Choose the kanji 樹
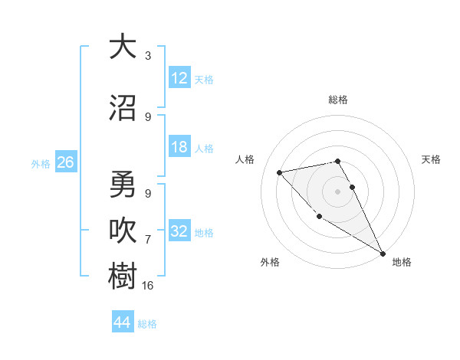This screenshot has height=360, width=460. tap(123, 275)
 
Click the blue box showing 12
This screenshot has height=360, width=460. tap(179, 77)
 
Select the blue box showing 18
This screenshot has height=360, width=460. tap(179, 148)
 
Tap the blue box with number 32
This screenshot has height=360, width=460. tap(179, 231)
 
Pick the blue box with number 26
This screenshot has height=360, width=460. tap(65, 162)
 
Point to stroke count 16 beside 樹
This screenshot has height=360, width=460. tap(148, 286)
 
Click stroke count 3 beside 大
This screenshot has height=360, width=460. tap(148, 56)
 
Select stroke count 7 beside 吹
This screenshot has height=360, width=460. tap(148, 240)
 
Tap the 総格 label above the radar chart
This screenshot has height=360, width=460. tap(338, 100)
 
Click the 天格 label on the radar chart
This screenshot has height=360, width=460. tap(431, 159)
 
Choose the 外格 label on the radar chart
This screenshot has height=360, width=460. tap(270, 262)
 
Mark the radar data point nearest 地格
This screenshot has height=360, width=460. tap(383, 254)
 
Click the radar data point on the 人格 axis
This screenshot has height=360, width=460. tap(280, 172)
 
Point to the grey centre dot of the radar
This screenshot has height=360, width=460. tap(338, 191)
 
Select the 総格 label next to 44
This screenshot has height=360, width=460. tap(147, 323)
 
